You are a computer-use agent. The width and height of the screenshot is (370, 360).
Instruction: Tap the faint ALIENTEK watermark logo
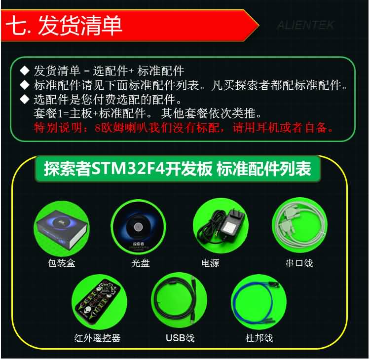(x=305, y=25)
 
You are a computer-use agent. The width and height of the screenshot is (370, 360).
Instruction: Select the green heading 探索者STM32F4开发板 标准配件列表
(x=178, y=169)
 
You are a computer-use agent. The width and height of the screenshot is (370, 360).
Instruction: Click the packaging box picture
(x=62, y=228)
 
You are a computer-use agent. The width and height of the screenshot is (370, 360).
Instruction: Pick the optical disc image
(x=138, y=227)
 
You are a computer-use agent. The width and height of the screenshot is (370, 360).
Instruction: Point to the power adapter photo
(x=221, y=226)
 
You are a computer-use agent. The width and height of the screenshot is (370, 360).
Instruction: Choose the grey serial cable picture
(x=299, y=225)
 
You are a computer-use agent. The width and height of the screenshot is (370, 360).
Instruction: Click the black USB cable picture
(x=180, y=300)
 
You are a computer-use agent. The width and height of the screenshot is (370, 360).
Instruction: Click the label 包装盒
(x=61, y=263)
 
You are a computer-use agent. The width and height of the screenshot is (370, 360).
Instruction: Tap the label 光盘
(x=141, y=263)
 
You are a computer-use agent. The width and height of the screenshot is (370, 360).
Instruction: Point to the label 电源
(x=210, y=263)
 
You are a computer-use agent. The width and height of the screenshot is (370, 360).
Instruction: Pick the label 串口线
(x=299, y=263)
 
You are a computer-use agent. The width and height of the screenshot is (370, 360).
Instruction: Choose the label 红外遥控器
(x=98, y=338)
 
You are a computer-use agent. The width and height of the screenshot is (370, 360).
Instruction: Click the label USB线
(x=180, y=338)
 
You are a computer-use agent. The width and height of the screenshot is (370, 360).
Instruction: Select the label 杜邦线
(x=259, y=338)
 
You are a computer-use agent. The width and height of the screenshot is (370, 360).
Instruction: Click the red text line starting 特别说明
(x=184, y=128)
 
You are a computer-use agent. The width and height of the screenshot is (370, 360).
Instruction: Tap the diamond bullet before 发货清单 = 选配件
(x=25, y=71)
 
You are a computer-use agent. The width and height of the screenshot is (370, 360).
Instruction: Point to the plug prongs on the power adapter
(x=235, y=213)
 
